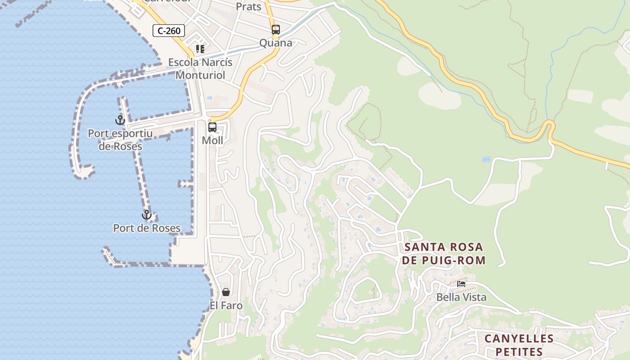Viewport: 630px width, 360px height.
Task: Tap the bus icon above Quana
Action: (x=276, y=30)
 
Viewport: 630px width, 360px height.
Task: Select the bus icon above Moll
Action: (x=212, y=127)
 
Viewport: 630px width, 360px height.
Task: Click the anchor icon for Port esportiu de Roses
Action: (x=120, y=120)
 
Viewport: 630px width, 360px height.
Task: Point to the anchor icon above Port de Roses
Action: (x=146, y=215)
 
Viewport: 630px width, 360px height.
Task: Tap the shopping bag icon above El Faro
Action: (x=226, y=292)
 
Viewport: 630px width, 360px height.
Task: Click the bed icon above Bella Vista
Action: (x=461, y=284)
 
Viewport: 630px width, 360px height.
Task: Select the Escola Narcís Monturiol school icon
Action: (x=200, y=49)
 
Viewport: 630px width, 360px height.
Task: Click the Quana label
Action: (x=276, y=43)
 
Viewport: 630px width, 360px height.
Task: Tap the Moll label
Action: (x=212, y=140)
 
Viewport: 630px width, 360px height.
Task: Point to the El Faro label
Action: (x=226, y=306)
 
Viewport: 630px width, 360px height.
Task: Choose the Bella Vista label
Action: (x=461, y=297)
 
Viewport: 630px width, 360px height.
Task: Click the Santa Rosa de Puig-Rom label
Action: (x=444, y=253)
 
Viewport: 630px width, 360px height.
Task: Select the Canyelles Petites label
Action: (x=519, y=345)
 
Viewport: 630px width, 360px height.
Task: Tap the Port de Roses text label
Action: (x=147, y=228)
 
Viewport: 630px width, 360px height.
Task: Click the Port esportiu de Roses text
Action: (x=120, y=140)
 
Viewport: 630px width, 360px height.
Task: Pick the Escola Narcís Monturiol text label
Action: (x=200, y=68)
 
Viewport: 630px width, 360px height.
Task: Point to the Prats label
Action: (x=248, y=6)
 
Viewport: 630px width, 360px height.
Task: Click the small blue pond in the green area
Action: (x=486, y=159)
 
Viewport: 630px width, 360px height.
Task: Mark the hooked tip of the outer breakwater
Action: (x=84, y=172)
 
